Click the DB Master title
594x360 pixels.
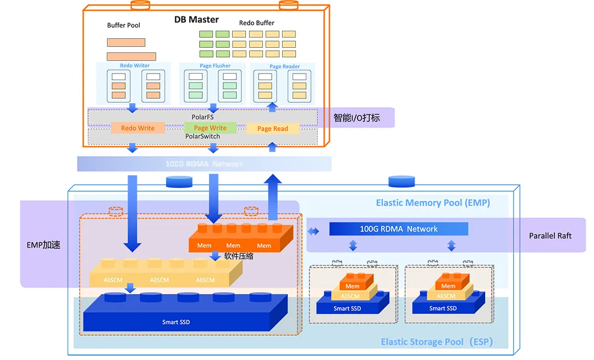pyautogui.click(x=196, y=19)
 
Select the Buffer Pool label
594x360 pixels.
pyautogui.click(x=124, y=25)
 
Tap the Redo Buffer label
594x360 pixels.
pyautogui.click(x=256, y=23)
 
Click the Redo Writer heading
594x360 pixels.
pyautogui.click(x=135, y=66)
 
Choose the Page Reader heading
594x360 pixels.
pyautogui.click(x=284, y=67)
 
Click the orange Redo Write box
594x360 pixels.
pyautogui.click(x=137, y=128)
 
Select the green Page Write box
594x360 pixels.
pyautogui.click(x=210, y=128)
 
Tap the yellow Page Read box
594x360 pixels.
pyautogui.click(x=273, y=129)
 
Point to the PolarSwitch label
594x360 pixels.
pyautogui.click(x=202, y=136)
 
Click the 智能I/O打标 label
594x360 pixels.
pyautogui.click(x=356, y=118)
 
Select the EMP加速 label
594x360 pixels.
pyautogui.click(x=43, y=245)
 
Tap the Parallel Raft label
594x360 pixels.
pyautogui.click(x=550, y=236)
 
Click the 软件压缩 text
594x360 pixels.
pyautogui.click(x=239, y=256)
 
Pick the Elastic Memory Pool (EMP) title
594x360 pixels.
pyautogui.click(x=433, y=203)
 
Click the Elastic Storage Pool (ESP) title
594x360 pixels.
pyautogui.click(x=437, y=342)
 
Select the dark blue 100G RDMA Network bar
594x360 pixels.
pyautogui.click(x=399, y=229)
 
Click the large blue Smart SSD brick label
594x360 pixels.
pyautogui.click(x=176, y=322)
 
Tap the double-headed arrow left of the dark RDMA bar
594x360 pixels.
pyautogui.click(x=313, y=231)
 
